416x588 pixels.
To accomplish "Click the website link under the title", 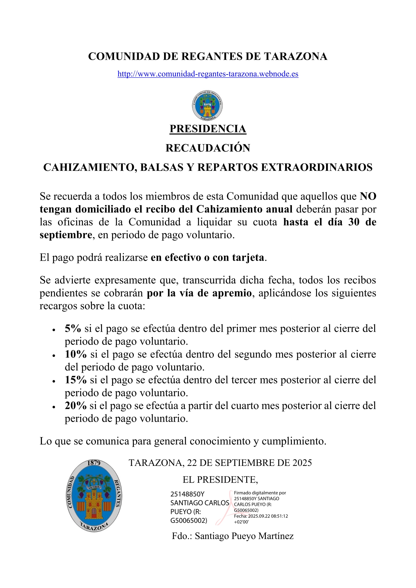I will click(208, 74).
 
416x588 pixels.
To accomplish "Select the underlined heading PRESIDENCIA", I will click(208, 129).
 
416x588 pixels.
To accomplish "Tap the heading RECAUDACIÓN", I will click(208, 148).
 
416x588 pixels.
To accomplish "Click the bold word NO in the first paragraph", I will click(368, 196).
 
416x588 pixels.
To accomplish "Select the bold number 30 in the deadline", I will click(354, 222).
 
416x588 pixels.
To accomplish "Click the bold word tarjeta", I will click(248, 258).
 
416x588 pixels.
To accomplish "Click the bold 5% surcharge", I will click(73, 329).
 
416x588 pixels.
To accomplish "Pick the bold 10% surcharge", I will click(75, 355).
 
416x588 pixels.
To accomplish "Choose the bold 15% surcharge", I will click(75, 380).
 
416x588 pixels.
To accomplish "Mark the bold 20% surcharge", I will click(75, 406).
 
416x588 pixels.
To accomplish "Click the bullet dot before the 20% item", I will click(54, 407).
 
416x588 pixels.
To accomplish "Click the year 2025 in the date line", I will click(302, 463).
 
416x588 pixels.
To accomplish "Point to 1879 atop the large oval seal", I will click(94, 463).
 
